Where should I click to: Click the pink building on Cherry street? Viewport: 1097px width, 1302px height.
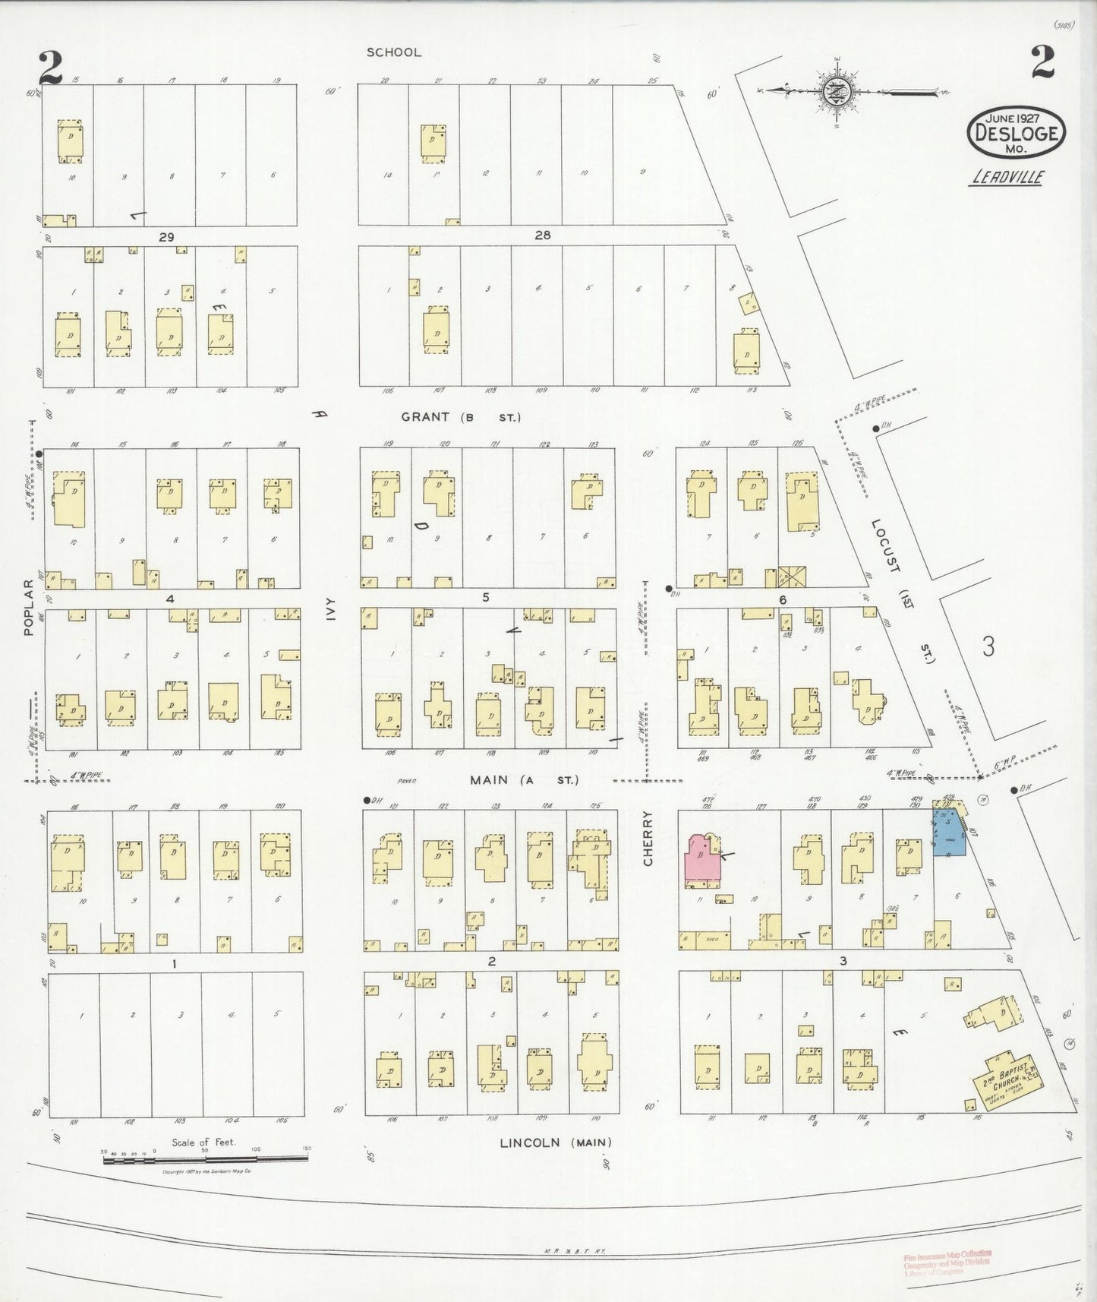coord(702,859)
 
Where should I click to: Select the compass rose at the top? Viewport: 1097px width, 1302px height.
coord(839,91)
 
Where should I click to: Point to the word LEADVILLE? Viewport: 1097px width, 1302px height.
coord(1007,178)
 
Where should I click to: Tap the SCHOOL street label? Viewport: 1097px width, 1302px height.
coord(393,52)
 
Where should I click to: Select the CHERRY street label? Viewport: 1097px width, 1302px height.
coord(648,838)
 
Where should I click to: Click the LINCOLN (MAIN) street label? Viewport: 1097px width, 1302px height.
coord(555,1142)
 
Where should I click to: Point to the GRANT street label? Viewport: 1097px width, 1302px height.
coord(460,417)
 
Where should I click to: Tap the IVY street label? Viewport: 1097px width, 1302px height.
coord(329,614)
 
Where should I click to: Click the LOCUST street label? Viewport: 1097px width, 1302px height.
coord(885,545)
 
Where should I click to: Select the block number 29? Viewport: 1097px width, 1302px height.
coord(166,237)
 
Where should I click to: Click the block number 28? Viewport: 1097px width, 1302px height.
coord(542,235)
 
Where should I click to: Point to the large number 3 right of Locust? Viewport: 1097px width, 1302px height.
coord(987,647)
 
